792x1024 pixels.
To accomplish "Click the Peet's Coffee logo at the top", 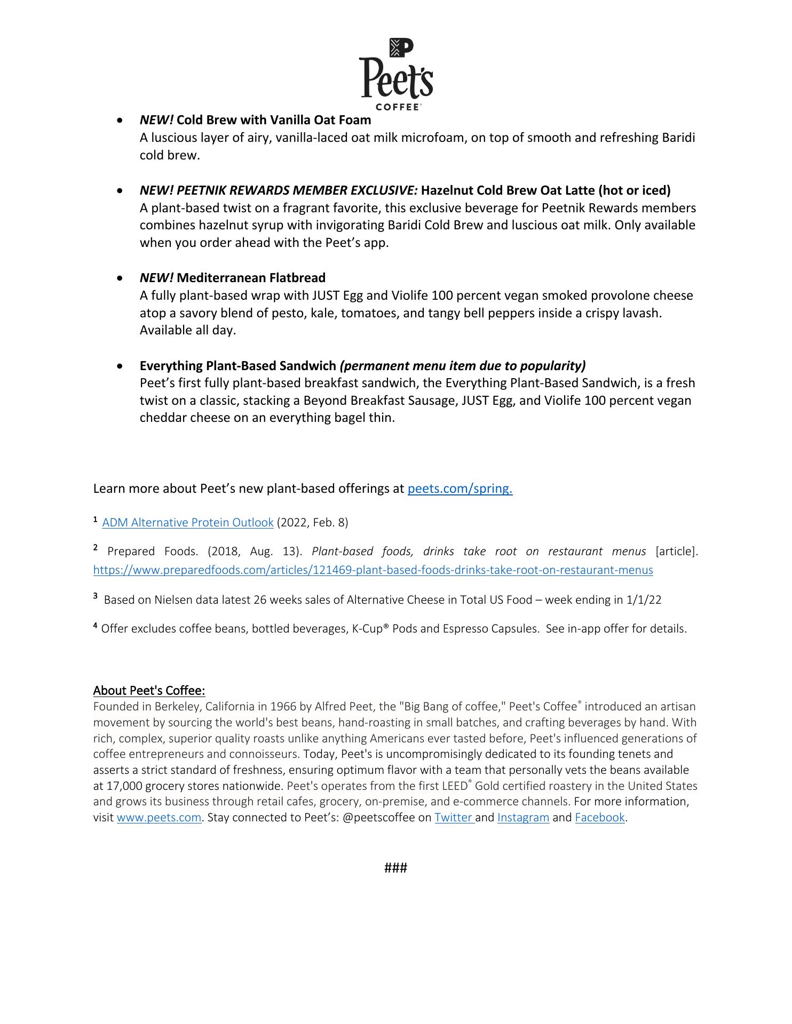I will point(395,74).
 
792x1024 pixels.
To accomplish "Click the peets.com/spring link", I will point(460,489).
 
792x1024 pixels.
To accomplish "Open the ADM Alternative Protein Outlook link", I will point(187,523).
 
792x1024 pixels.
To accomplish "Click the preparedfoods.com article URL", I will point(373,570).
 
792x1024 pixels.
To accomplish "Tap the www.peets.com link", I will point(159,818).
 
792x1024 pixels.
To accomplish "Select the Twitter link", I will point(453,818).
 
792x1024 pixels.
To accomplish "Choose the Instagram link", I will point(523,818).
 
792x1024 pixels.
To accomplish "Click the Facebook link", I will point(599,818).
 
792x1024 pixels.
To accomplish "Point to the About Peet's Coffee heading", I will point(149,691).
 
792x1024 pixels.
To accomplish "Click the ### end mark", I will point(395,868).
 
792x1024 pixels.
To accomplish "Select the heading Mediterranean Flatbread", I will point(251,278).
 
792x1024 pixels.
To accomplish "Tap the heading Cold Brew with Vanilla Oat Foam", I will point(273,120).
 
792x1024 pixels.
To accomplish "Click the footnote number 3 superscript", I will point(96,596).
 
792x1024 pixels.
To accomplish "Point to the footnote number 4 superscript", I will point(96,625).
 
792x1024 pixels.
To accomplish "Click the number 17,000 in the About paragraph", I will point(124,786).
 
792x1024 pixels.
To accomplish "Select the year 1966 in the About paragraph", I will point(283,707).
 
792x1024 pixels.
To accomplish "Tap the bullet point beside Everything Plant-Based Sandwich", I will point(122,366).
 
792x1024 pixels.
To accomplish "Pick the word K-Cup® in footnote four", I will point(371,629).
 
